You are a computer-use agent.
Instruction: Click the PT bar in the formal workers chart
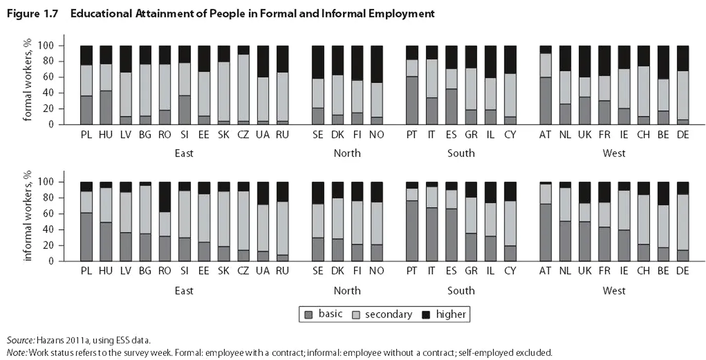(x=412, y=85)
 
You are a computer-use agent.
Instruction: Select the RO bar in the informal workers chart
(x=165, y=221)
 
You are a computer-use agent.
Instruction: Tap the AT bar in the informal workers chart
(x=545, y=221)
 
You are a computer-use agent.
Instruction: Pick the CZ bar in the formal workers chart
(x=243, y=85)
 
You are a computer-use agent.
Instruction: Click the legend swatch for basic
(x=309, y=314)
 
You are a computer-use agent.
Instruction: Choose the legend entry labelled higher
(x=451, y=314)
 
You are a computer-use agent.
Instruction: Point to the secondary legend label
(x=389, y=314)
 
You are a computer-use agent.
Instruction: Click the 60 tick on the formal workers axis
(x=54, y=77)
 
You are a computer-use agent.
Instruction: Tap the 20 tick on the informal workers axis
(x=54, y=245)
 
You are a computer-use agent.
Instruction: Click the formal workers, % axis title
(x=28, y=80)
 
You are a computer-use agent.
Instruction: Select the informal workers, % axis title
(x=28, y=216)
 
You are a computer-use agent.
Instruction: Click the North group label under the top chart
(x=347, y=153)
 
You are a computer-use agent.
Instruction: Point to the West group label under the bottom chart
(x=614, y=291)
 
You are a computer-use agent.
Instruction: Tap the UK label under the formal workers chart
(x=585, y=135)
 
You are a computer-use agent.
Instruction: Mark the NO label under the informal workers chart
(x=377, y=271)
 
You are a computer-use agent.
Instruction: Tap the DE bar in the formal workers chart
(x=682, y=85)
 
